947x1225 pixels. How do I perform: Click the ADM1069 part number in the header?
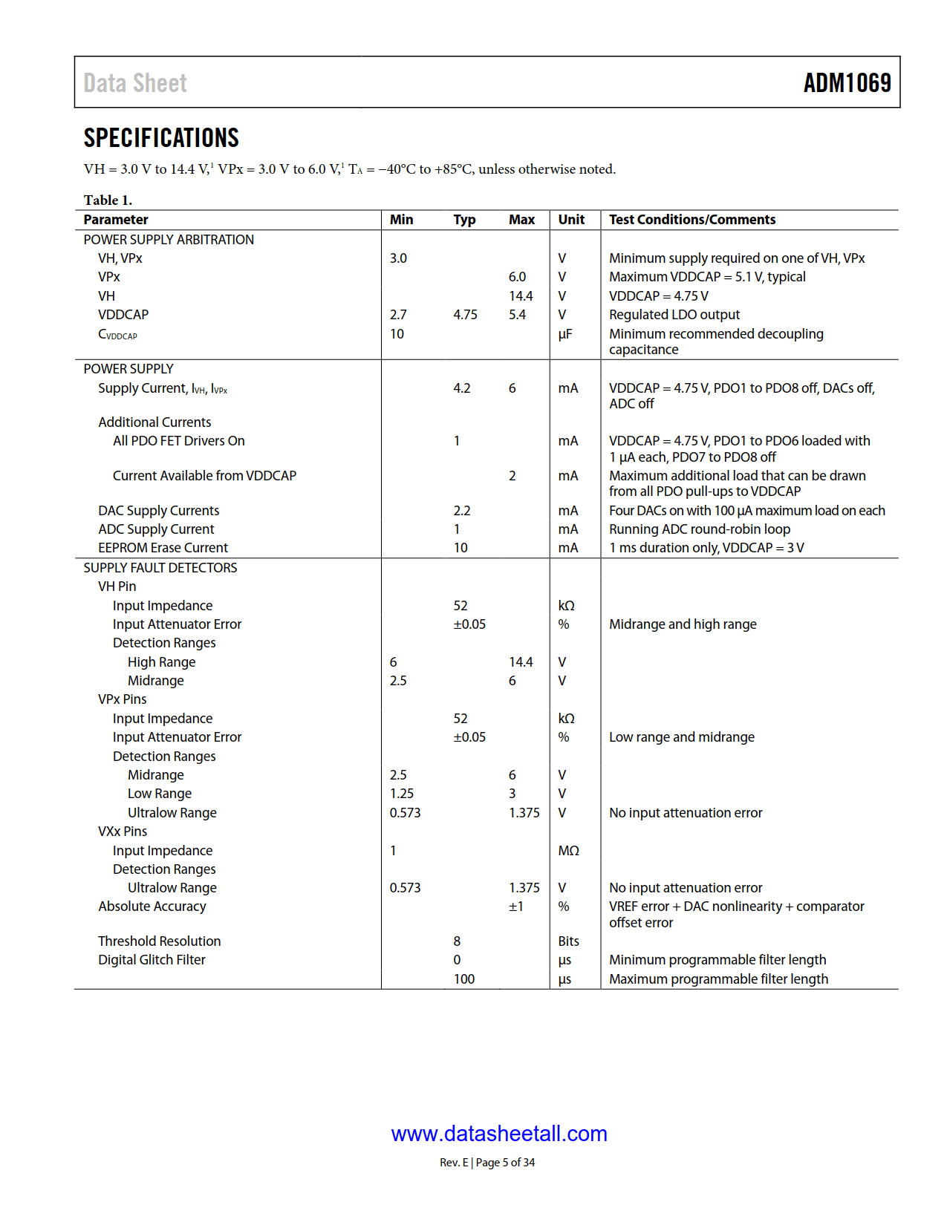pos(847,82)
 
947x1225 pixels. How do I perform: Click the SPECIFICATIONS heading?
pos(161,138)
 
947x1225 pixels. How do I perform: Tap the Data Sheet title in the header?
pos(135,83)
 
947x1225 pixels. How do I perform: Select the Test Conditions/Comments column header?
pos(692,220)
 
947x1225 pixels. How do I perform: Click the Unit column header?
pos(571,220)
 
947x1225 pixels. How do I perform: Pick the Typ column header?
pos(464,220)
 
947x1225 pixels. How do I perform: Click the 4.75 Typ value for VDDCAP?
pos(465,315)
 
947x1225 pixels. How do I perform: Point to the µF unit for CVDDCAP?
pos(565,334)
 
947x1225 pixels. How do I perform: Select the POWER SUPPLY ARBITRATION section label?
pos(169,240)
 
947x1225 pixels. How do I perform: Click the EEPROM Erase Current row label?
pos(163,548)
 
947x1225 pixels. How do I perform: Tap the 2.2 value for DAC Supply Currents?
pos(462,511)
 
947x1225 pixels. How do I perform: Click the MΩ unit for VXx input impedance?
pos(568,851)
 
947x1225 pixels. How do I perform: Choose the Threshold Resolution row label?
pos(159,941)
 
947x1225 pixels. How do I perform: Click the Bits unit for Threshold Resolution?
pos(568,941)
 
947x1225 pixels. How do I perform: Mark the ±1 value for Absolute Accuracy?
pos(516,906)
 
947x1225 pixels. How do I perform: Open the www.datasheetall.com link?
pos(499,1134)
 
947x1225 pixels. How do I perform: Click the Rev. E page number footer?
pos(487,1163)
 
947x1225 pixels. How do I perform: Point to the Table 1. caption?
pos(108,200)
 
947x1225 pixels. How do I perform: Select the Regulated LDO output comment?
pos(674,315)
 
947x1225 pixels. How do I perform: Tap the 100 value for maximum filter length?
pos(464,979)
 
